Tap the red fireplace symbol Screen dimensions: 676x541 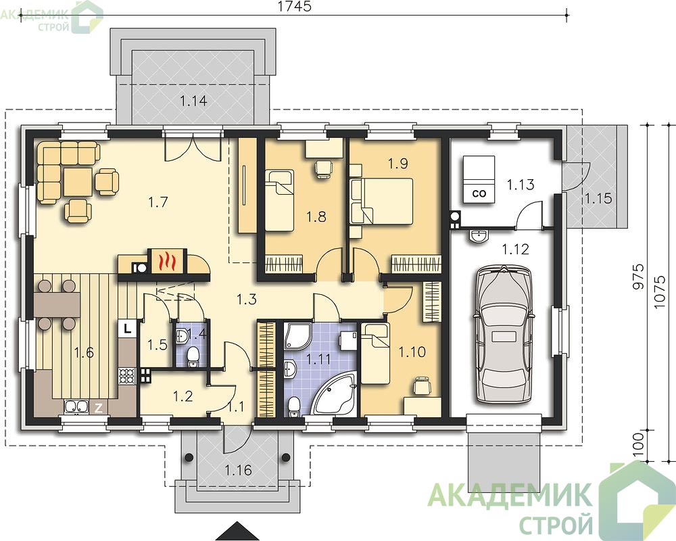[x=167, y=261]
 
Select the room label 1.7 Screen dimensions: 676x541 [x=158, y=202]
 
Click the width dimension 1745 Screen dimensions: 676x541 [x=295, y=7]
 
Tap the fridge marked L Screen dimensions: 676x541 [x=127, y=329]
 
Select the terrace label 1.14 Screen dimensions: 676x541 [x=193, y=101]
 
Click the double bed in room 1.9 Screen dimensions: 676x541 [x=381, y=202]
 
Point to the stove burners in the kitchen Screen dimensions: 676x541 [x=127, y=375]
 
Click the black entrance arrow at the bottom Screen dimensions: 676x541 [x=235, y=532]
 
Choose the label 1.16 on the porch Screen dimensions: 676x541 [x=238, y=469]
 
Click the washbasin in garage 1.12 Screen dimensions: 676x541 [x=478, y=235]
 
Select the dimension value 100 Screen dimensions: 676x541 [x=639, y=444]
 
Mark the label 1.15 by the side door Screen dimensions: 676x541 [x=598, y=198]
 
